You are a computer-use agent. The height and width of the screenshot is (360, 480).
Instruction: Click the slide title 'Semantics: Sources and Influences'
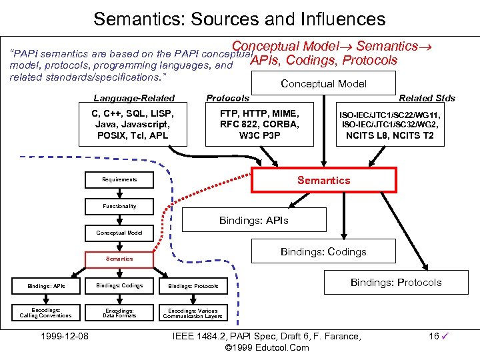pos(239,18)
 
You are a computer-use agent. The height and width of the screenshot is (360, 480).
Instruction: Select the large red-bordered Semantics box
pos(323,180)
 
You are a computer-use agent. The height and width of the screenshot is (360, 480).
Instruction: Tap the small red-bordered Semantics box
pos(119,258)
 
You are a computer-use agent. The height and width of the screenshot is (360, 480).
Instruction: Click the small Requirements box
pos(119,179)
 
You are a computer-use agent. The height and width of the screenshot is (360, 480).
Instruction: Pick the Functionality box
pos(119,206)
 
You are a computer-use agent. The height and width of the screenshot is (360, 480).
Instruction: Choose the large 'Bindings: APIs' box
pos(254,221)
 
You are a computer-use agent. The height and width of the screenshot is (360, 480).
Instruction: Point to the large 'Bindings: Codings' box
pos(323,251)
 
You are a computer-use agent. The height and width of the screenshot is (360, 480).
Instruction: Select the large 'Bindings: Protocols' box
pos(395,283)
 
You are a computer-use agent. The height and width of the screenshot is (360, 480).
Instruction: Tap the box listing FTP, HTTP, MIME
pos(259,125)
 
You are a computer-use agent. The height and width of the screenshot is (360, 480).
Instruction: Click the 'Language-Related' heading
pos(134,98)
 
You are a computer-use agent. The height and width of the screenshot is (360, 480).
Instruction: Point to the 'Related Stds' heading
pos(427,98)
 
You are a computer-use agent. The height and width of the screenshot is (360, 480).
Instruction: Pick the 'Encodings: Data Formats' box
pos(119,313)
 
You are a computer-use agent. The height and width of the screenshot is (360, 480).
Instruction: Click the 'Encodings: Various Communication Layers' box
pos(193,313)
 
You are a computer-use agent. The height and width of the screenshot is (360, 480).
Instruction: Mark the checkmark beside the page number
pos(444,337)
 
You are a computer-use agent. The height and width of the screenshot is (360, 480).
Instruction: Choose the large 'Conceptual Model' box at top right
pos(323,84)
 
